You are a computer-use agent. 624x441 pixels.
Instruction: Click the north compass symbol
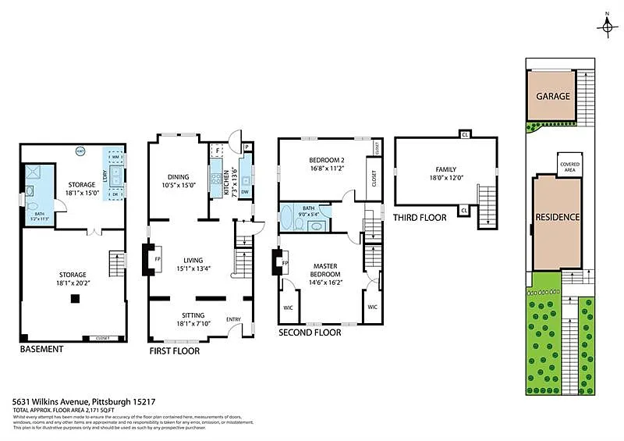click(606, 26)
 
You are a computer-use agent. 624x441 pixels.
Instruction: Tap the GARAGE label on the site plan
click(552, 97)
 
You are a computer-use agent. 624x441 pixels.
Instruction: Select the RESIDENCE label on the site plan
click(557, 217)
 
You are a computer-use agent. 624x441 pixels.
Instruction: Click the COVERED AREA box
click(569, 165)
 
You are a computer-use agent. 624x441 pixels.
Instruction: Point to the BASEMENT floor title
click(41, 349)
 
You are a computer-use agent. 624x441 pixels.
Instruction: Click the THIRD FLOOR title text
click(420, 217)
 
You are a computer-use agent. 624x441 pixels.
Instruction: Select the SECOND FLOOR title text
click(310, 332)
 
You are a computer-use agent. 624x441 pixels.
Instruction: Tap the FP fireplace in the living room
click(157, 259)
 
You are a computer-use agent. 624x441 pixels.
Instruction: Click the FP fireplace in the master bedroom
click(285, 263)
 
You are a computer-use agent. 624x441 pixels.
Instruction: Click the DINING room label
click(179, 176)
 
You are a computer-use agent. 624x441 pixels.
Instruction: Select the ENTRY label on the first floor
click(233, 319)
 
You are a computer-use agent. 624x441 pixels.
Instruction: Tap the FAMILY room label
click(445, 169)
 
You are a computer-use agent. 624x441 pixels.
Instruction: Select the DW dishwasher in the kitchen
click(245, 191)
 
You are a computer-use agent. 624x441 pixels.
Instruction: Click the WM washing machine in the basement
click(114, 157)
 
